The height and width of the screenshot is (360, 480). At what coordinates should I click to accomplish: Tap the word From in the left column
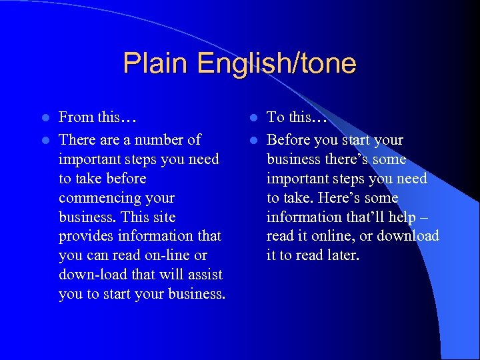[76, 117]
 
